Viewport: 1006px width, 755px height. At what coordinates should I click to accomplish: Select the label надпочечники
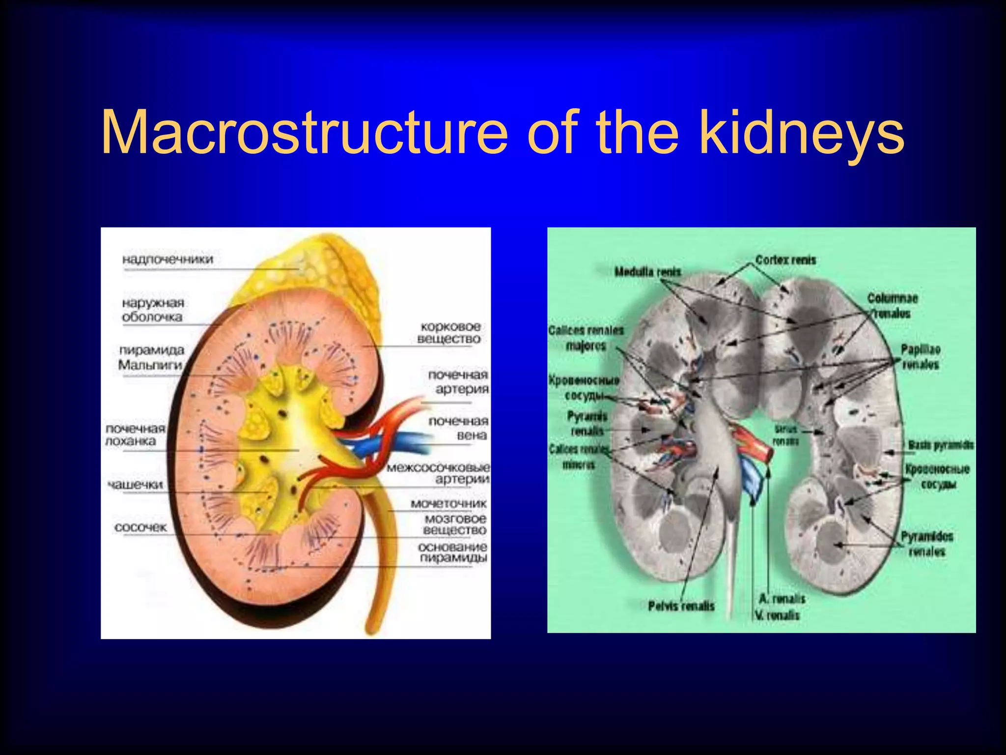[x=168, y=259]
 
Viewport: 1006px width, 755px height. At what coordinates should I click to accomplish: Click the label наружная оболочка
[x=153, y=310]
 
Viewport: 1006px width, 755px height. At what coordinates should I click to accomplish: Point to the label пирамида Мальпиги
[x=151, y=357]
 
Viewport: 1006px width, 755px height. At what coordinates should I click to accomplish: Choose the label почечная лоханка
[x=135, y=435]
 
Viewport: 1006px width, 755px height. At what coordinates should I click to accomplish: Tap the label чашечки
[x=135, y=485]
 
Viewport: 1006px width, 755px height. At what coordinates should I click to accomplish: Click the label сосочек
[x=140, y=527]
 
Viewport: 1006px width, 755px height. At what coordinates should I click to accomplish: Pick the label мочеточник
[x=448, y=503]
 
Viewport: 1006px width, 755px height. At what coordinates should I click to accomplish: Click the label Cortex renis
[x=785, y=260]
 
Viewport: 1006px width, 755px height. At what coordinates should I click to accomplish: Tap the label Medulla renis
[x=648, y=272]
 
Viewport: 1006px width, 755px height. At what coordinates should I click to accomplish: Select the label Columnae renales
[x=892, y=305]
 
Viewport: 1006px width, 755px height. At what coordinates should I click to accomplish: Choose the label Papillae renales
[x=920, y=357]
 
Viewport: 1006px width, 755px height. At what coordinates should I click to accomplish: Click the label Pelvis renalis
[x=681, y=606]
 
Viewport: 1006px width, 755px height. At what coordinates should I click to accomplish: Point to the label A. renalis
[x=782, y=598]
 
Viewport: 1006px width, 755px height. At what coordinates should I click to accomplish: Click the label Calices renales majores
[x=586, y=338]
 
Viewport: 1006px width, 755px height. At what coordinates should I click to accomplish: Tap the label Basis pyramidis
[x=940, y=445]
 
